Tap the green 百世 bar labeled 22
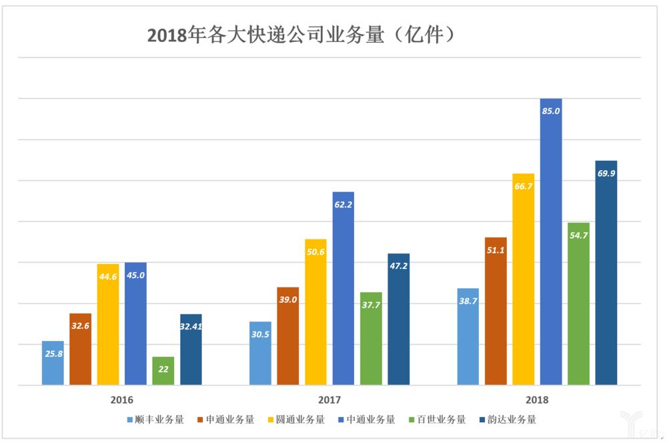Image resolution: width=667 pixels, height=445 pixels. (x=163, y=371)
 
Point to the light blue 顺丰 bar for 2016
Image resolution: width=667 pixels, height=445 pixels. (x=53, y=363)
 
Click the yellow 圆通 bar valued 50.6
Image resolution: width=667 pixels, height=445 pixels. (x=315, y=312)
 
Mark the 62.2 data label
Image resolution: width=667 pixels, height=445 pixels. (x=344, y=205)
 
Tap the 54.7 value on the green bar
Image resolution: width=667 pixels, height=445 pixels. (x=578, y=236)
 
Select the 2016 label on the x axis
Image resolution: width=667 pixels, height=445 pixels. (x=121, y=400)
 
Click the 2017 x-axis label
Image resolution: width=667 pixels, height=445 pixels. (x=329, y=400)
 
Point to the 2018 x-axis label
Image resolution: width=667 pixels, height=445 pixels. (x=537, y=400)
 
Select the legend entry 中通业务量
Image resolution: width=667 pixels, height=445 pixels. (x=370, y=420)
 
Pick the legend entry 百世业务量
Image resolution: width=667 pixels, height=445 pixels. (x=440, y=420)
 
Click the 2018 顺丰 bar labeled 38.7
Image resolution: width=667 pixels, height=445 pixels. (x=468, y=336)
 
